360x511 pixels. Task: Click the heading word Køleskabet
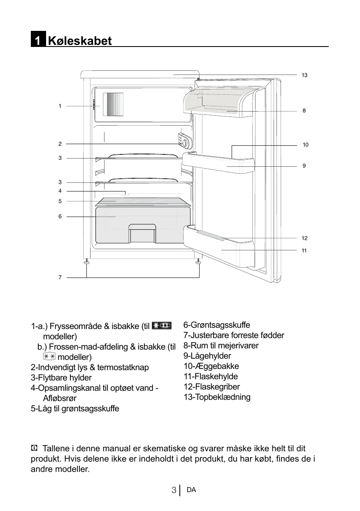pyautogui.click(x=80, y=41)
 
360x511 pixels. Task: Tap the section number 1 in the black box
pyautogui.click(x=37, y=41)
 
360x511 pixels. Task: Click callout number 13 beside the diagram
pyautogui.click(x=304, y=75)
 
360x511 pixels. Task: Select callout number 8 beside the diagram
pyautogui.click(x=304, y=111)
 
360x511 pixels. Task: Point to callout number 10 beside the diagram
pyautogui.click(x=305, y=145)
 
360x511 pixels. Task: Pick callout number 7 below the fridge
pyautogui.click(x=60, y=278)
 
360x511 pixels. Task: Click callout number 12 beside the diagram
pyautogui.click(x=304, y=238)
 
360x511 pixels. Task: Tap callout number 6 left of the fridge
pyautogui.click(x=60, y=216)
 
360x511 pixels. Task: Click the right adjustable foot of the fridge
pyautogui.click(x=199, y=261)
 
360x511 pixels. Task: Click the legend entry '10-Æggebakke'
pyautogui.click(x=211, y=366)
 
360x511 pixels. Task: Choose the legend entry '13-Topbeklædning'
pyautogui.click(x=217, y=397)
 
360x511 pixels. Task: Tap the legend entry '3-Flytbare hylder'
pyautogui.click(x=61, y=378)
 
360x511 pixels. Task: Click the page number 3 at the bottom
pyautogui.click(x=174, y=490)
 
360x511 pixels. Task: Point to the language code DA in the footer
pyautogui.click(x=191, y=490)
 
